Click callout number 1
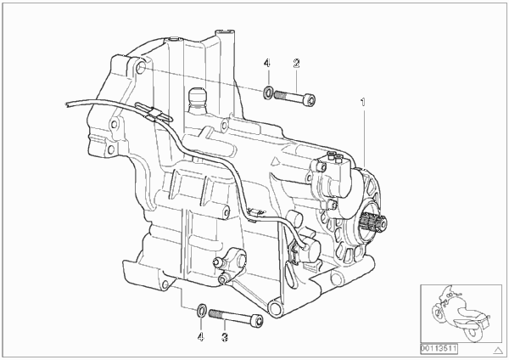coord(363,103)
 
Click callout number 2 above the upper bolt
coord(296,63)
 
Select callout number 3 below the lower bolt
coord(225,337)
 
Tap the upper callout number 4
coord(266,63)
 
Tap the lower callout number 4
coord(201,337)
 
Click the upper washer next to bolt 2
coord(268,93)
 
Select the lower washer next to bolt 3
coord(202,311)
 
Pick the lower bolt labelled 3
coord(236,317)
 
